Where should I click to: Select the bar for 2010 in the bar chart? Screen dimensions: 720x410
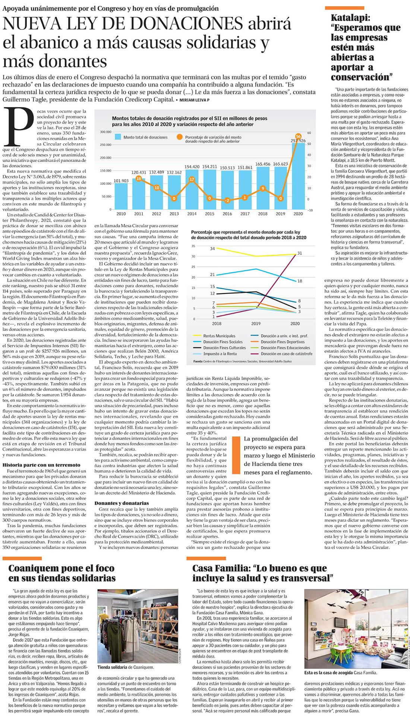click(x=121, y=196)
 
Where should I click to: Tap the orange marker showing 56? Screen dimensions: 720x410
click(x=298, y=136)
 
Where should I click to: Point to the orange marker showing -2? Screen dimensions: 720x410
click(x=227, y=200)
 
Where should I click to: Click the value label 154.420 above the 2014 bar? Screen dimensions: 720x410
click(x=192, y=167)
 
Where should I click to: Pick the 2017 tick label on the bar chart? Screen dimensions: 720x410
click(x=245, y=214)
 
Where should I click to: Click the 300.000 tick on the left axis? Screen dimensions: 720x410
click(x=105, y=132)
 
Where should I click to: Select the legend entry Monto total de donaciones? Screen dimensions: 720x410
click(x=142, y=137)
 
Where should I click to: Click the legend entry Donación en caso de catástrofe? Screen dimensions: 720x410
click(x=286, y=354)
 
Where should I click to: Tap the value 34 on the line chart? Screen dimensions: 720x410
click(x=212, y=248)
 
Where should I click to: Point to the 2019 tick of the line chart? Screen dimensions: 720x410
click(x=256, y=323)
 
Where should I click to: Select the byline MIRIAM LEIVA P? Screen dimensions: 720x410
click(x=194, y=100)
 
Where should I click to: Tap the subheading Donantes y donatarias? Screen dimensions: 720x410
click(x=122, y=503)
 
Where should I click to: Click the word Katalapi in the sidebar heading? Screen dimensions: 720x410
click(x=349, y=18)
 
